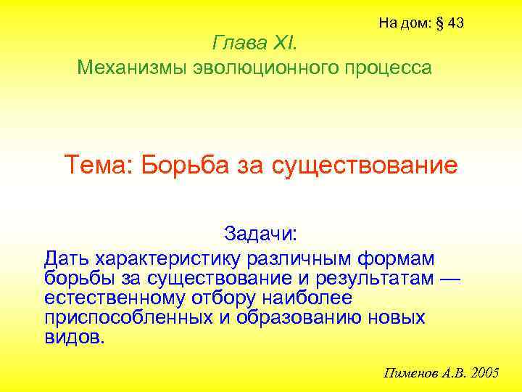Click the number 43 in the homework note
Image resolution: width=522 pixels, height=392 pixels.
(x=456, y=23)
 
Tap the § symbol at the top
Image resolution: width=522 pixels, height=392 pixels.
(x=439, y=23)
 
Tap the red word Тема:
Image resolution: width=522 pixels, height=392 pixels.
(x=99, y=165)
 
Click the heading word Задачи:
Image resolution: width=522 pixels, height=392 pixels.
(x=260, y=234)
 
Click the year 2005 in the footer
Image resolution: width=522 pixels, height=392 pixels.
(x=484, y=373)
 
